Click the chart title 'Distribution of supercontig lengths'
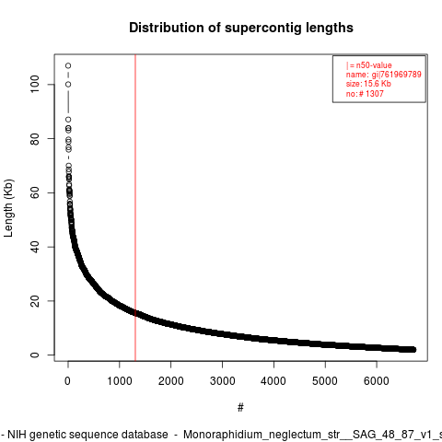pos(241,28)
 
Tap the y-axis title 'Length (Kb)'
pos(8,208)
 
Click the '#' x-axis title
pos(240,408)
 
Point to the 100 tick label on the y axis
pos(35,85)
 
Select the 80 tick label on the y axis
pos(35,138)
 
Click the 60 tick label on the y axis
pos(35,192)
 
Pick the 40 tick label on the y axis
pos(35,247)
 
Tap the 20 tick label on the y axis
pos(35,301)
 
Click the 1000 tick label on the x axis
pos(120,381)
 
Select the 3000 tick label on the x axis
pos(222,381)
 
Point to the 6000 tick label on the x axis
pos(377,381)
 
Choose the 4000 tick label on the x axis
pos(273,381)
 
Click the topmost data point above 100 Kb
pos(68,65)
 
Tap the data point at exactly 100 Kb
pos(68,85)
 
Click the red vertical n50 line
pos(135,207)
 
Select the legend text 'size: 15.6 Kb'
pos(368,84)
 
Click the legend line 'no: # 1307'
pos(365,93)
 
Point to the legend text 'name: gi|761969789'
pos(384,75)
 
